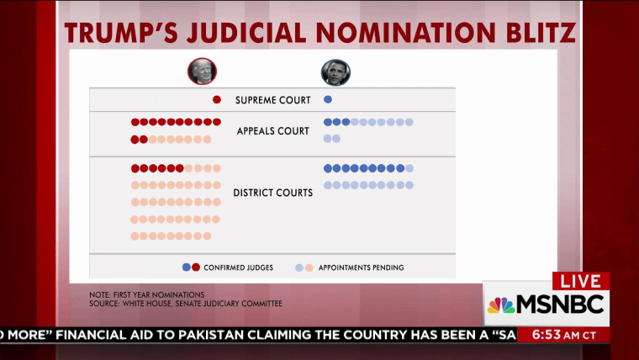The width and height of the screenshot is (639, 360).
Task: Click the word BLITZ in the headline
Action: click(x=541, y=33)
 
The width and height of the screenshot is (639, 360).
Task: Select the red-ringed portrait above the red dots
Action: click(x=202, y=71)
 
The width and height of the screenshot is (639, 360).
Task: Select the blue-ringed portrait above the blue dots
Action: click(x=335, y=72)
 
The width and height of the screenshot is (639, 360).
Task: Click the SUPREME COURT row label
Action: click(x=273, y=100)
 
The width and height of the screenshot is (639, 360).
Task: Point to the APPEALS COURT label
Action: click(x=273, y=131)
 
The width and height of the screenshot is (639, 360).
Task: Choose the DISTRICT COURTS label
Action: click(x=273, y=193)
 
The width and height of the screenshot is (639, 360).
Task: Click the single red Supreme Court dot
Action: click(x=217, y=99)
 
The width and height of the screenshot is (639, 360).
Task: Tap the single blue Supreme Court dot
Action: click(x=328, y=99)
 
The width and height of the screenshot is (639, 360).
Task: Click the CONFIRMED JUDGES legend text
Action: click(x=239, y=267)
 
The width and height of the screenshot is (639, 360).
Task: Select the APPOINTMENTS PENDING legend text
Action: click(x=361, y=267)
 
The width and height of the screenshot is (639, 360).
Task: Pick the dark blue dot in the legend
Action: click(x=187, y=267)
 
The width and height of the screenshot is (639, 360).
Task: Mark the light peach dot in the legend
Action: click(x=309, y=267)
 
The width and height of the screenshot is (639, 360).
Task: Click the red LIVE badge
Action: click(x=581, y=281)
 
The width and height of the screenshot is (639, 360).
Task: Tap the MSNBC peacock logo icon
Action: click(x=501, y=305)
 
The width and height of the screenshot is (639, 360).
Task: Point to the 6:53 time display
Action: click(x=547, y=335)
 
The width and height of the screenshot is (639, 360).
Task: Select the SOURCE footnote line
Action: click(x=186, y=304)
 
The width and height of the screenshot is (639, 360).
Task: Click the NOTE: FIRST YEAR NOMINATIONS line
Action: click(x=147, y=294)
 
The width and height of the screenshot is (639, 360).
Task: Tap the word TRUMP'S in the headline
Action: click(x=121, y=33)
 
